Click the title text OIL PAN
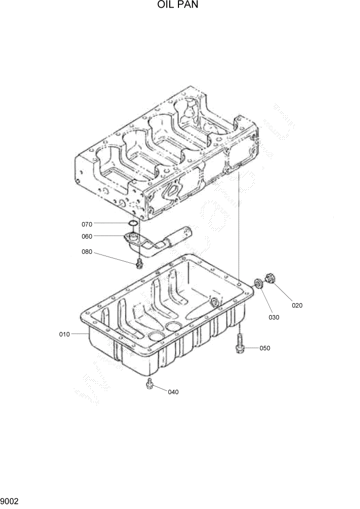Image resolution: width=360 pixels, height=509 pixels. [177, 6]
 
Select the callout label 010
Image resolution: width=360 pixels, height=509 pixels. [64, 334]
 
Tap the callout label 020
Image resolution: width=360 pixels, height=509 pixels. [297, 305]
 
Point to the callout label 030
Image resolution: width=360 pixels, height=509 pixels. [274, 317]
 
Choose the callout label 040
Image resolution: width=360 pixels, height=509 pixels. [173, 392]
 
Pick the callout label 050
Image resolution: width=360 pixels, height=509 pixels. [265, 348]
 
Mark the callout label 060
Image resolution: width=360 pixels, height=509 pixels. [87, 237]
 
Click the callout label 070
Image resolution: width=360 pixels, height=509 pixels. [87, 224]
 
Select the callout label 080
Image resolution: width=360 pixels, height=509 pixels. [87, 251]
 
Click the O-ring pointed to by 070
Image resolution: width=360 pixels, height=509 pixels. [132, 224]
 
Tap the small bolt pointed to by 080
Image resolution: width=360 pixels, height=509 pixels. [139, 264]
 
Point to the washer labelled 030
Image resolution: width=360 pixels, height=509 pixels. [259, 283]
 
